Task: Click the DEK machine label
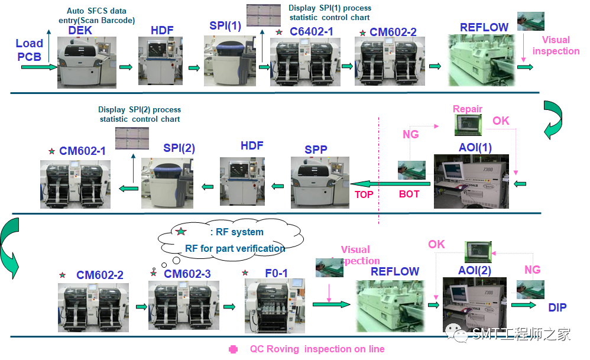[x=80, y=30]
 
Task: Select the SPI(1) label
[x=225, y=26]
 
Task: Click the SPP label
[x=316, y=150]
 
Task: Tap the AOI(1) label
[x=475, y=147]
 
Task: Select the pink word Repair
[x=468, y=109]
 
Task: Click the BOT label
[x=409, y=194]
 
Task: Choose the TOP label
[x=364, y=194]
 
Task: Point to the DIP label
[x=557, y=307]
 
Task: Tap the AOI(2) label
[x=475, y=270]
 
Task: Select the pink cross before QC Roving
[x=234, y=349]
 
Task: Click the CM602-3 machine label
[x=187, y=274]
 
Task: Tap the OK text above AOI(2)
[x=436, y=245]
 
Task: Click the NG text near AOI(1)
[x=411, y=135]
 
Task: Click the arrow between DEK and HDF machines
[x=126, y=67]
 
